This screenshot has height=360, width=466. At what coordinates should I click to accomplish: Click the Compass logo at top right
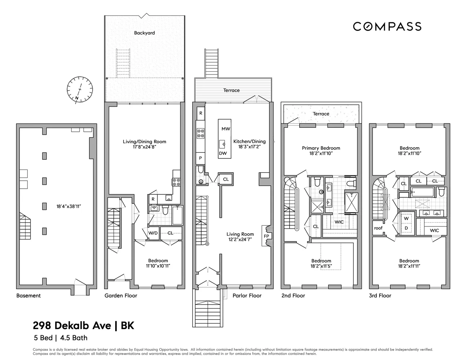point(387,27)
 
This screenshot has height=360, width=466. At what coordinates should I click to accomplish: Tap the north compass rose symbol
point(80,90)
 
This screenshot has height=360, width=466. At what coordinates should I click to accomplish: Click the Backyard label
point(144,33)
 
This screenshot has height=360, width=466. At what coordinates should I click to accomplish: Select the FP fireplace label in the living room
point(266,236)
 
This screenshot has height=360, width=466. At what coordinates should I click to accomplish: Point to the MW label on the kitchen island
point(225,129)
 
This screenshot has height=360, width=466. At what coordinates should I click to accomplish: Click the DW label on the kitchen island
point(223,153)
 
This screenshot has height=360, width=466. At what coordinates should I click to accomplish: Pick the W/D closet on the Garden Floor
point(153,233)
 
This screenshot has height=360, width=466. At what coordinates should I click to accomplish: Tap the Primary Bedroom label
point(321,148)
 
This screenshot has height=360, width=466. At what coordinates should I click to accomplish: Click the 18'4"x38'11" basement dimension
point(69,206)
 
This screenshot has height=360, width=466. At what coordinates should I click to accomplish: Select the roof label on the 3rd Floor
point(378,228)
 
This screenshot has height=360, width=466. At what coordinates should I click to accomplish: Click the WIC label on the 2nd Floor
point(339,222)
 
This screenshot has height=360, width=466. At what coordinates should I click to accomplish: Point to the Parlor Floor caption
point(247,296)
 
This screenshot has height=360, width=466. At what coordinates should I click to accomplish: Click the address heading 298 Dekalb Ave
point(72,326)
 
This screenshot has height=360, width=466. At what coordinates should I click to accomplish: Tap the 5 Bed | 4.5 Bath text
point(61,338)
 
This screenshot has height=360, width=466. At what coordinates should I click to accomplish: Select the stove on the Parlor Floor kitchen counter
point(201,133)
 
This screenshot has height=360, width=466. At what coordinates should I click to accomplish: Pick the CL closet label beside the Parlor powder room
point(226,179)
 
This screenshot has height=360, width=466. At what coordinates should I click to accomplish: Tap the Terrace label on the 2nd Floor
point(321,114)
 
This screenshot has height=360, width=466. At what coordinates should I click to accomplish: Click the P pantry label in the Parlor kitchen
point(200,158)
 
